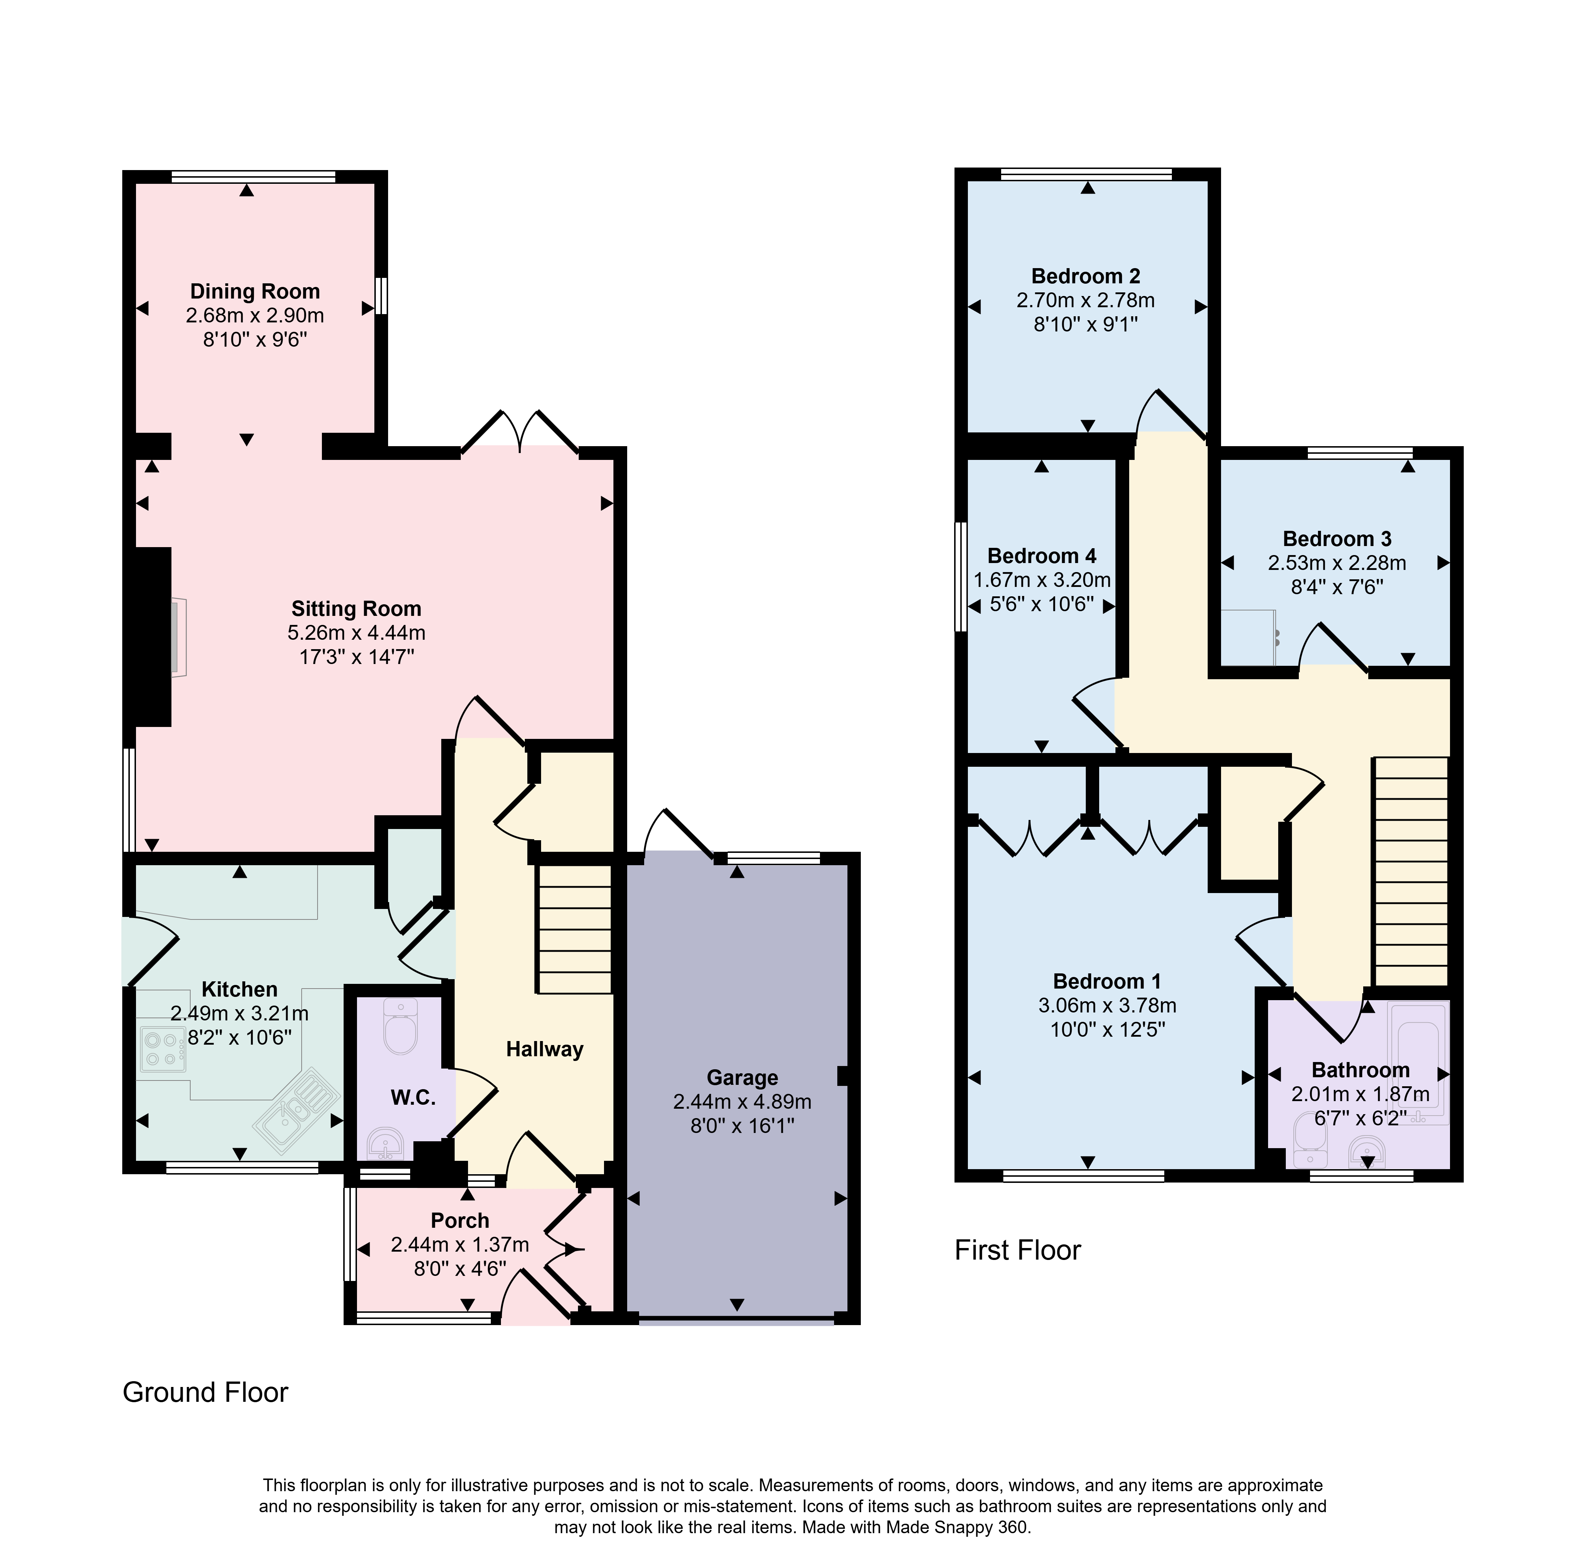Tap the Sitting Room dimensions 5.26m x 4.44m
point(356,633)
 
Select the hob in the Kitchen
point(162,1049)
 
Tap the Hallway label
point(544,1049)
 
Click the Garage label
point(742,1078)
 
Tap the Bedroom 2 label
point(1085,277)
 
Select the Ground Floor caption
point(205,1392)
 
